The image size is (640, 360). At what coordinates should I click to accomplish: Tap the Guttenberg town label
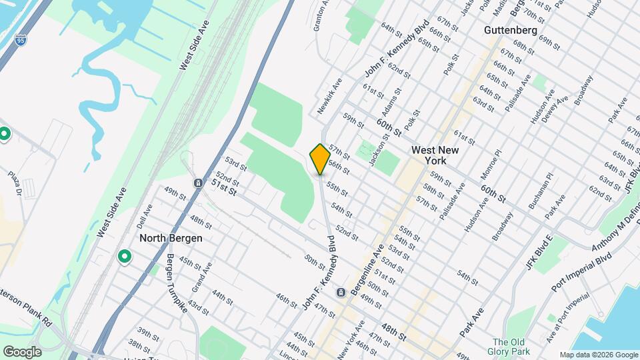510,31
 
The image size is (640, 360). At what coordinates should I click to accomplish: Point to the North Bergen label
171,238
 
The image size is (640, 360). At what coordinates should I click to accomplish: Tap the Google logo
22,351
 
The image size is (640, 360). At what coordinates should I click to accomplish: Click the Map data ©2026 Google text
598,355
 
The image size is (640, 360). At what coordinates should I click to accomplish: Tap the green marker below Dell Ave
124,257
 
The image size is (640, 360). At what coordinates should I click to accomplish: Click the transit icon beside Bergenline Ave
341,293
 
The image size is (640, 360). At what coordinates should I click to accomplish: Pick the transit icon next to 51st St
198,183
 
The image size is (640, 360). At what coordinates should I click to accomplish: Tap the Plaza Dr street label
15,185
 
